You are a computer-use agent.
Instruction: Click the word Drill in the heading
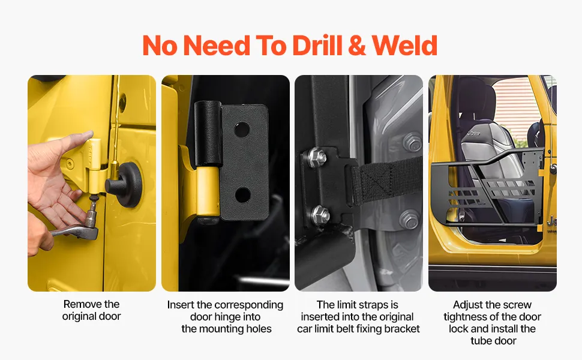tap(317, 46)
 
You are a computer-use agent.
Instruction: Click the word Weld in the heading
tap(404, 46)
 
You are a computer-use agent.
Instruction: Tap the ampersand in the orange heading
tap(357, 46)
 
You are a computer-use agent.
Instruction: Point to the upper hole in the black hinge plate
tap(241, 129)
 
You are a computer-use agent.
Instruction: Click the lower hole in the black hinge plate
tap(242, 195)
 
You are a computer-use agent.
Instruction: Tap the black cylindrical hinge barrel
tap(208, 133)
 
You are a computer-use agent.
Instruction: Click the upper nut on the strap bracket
tap(317, 157)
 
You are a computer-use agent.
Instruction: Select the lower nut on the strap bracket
tap(320, 214)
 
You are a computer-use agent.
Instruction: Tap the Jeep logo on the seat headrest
tap(473, 133)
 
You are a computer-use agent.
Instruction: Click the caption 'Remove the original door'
tap(92, 310)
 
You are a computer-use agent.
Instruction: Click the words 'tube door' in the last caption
tap(493, 341)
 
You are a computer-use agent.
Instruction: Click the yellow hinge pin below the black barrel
tap(208, 193)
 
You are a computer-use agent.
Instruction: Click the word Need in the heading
tap(217, 46)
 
